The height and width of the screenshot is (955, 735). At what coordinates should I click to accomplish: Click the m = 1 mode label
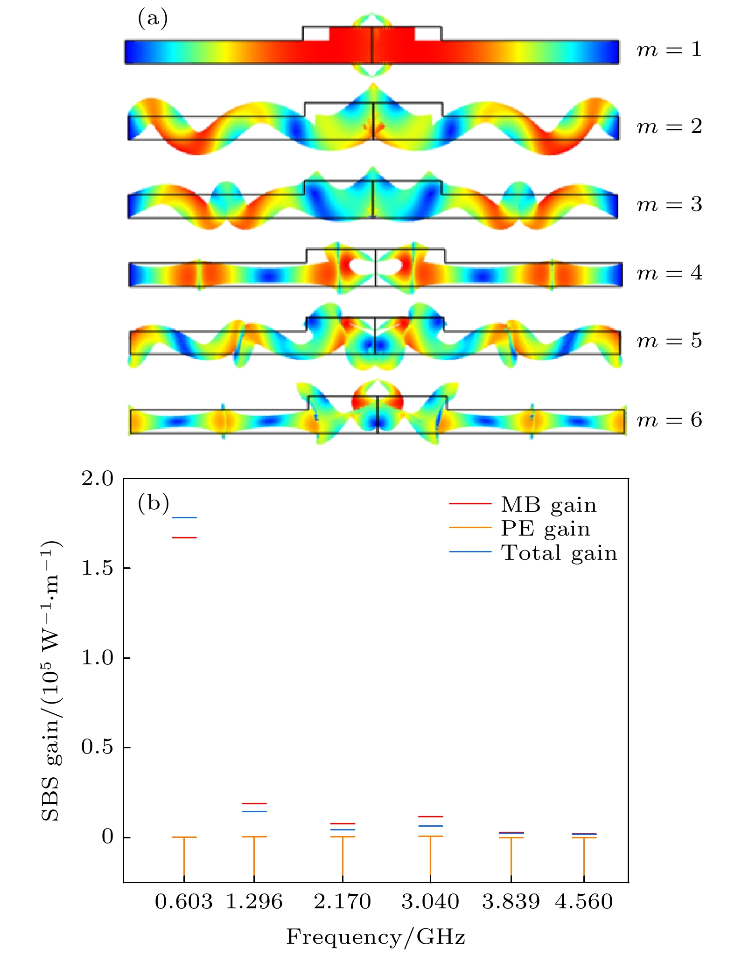point(669,49)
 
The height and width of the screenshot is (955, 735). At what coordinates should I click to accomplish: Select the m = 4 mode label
point(669,273)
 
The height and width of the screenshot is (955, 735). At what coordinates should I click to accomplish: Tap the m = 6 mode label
point(669,420)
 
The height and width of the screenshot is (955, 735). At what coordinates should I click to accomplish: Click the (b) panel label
point(153,504)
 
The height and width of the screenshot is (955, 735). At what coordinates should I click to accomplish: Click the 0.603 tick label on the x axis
point(183,902)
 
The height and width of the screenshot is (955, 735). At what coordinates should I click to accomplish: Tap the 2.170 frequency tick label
point(343,902)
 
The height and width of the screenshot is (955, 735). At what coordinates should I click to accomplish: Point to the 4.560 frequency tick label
point(584,902)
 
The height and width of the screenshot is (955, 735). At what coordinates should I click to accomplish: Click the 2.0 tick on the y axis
point(97,479)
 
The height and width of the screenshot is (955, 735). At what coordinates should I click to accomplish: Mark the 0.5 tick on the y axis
point(97,747)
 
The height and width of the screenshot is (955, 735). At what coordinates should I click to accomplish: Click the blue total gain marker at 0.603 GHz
point(184,517)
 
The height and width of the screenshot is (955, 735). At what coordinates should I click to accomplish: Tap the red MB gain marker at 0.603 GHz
point(184,537)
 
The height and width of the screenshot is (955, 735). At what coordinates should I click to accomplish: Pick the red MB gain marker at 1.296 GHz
point(254,803)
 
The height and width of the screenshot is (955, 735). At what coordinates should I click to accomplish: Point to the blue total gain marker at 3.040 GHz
point(430,826)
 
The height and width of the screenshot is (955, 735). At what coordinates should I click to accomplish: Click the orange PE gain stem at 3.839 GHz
point(511,858)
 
